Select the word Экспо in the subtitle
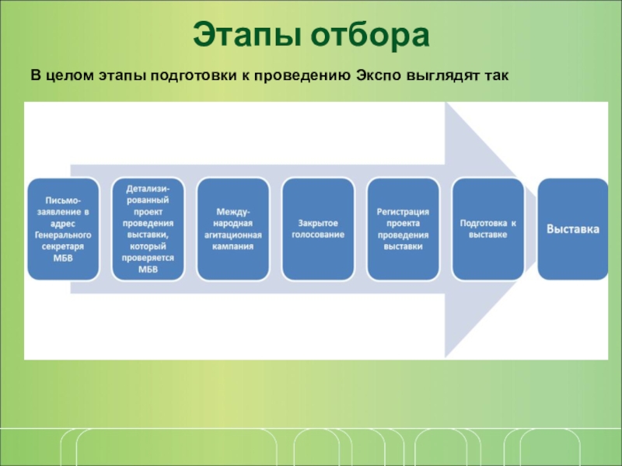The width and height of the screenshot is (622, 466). click(377, 76)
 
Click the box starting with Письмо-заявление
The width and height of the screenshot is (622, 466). click(64, 228)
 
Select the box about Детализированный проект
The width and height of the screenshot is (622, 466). click(149, 228)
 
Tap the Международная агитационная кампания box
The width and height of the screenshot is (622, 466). click(233, 228)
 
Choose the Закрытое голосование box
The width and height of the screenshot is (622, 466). click(318, 228)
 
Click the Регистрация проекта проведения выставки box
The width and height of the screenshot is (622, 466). click(403, 228)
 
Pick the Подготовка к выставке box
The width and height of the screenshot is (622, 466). click(487, 228)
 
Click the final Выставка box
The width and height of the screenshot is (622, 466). click(573, 228)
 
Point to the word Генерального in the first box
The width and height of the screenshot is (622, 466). click(64, 235)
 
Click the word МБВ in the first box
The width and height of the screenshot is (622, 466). click(64, 258)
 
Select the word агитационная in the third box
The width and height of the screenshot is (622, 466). click(233, 235)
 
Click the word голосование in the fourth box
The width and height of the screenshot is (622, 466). click(318, 235)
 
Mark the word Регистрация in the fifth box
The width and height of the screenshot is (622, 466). click(403, 211)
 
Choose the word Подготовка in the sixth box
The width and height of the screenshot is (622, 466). click(482, 223)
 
